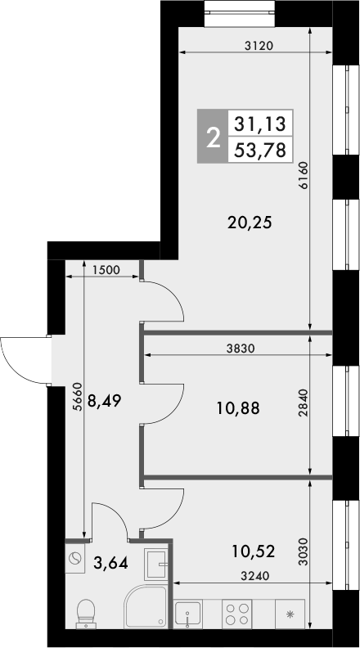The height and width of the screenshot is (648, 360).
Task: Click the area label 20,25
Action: point(250,221)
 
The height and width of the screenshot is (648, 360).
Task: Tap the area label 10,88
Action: point(240,407)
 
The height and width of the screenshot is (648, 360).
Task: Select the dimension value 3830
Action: point(242,348)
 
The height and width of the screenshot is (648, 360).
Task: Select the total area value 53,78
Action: point(259,151)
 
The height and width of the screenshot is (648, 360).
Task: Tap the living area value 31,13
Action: point(259,125)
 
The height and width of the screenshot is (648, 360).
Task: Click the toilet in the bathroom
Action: point(85,613)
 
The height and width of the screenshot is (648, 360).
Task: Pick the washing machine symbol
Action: point(75,560)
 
